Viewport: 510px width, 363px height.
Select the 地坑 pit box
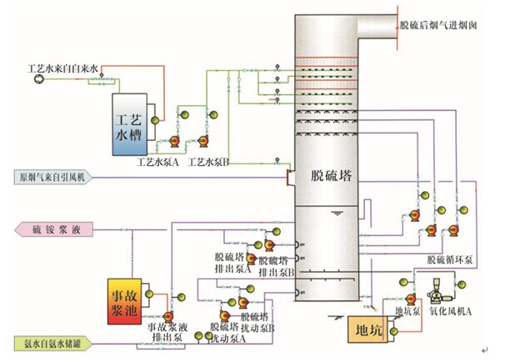pyautogui.click(x=367, y=330)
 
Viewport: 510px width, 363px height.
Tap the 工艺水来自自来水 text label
pyautogui.click(x=63, y=65)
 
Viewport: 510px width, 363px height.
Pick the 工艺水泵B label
pyautogui.click(x=209, y=160)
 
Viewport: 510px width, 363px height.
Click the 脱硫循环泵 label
pyautogui.click(x=450, y=260)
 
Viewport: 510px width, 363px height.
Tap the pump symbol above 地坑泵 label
pyautogui.click(x=410, y=297)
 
